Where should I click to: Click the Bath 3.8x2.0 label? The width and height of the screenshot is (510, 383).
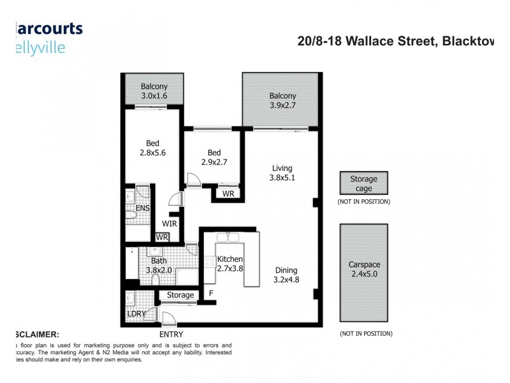159,265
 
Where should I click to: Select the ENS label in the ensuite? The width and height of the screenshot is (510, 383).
143,208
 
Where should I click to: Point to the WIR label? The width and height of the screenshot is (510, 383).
169,223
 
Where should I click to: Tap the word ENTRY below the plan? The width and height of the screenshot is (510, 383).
169,334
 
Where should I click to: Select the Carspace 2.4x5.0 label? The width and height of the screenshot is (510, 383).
363,269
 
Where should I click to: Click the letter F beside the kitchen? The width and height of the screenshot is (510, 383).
211,294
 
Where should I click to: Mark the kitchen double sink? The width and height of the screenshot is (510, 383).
228,238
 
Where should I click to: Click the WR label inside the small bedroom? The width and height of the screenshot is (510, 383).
228,193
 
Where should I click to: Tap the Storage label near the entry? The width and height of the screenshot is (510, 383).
180,295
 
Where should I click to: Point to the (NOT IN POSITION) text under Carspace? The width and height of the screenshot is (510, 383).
365,334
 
